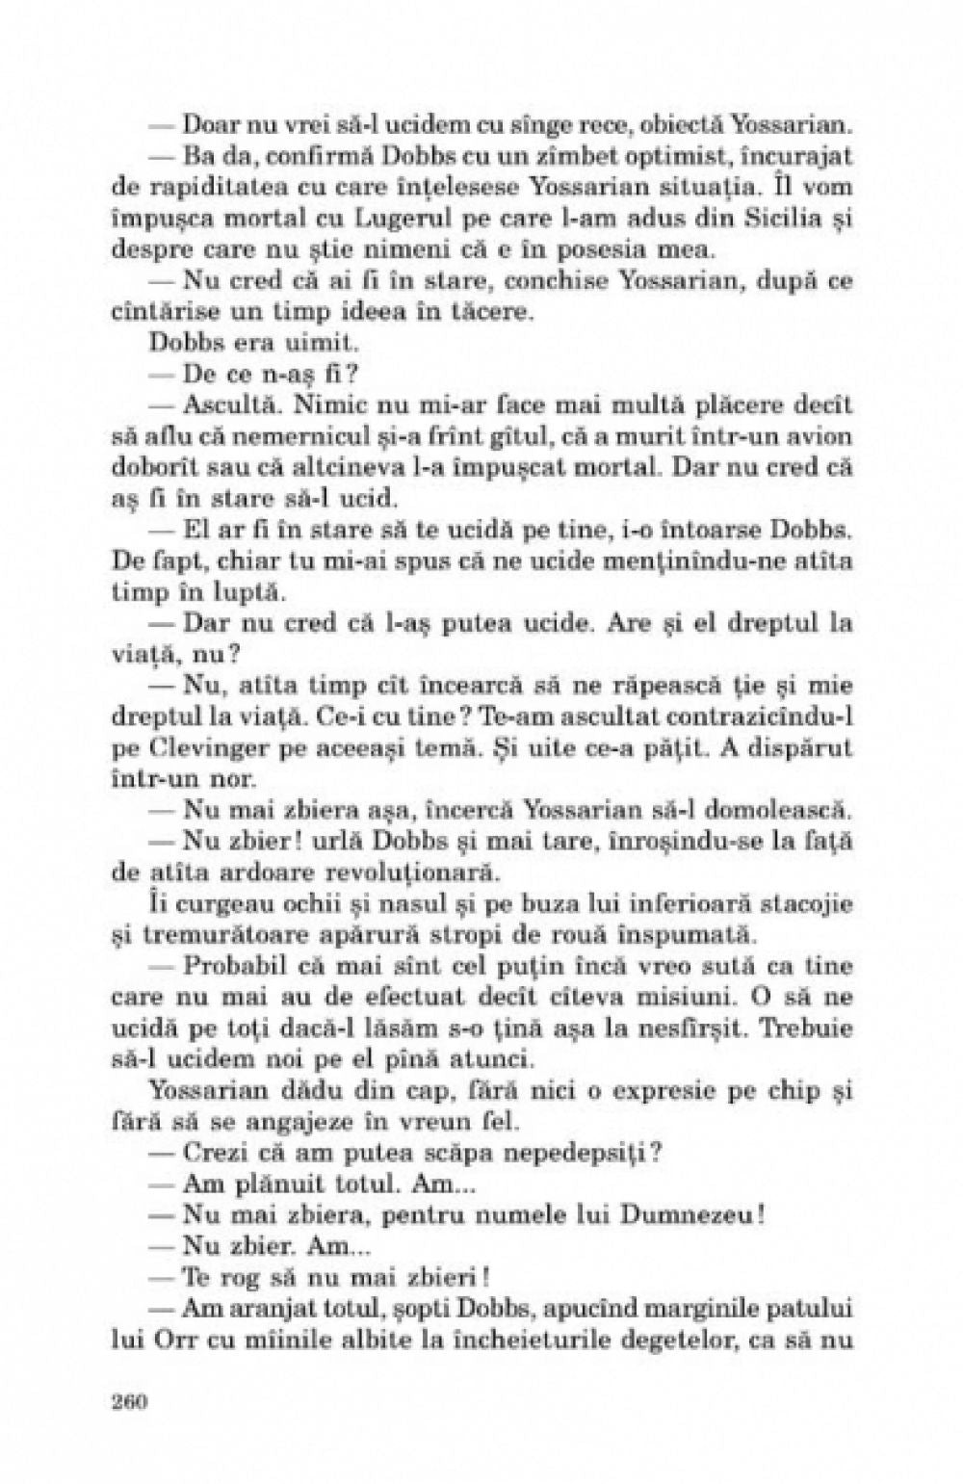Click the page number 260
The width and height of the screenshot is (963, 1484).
tap(128, 1400)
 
